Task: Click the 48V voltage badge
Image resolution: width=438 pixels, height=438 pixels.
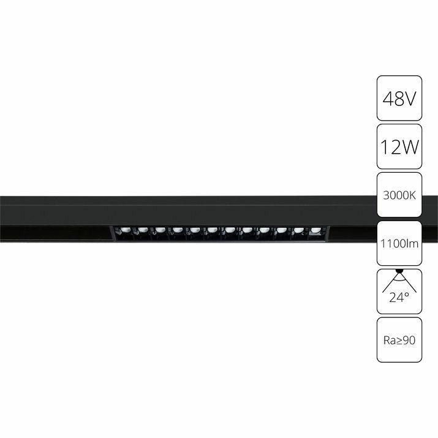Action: tap(399, 98)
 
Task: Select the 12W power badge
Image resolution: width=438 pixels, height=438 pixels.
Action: tap(399, 146)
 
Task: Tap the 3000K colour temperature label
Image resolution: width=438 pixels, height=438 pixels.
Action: tap(399, 195)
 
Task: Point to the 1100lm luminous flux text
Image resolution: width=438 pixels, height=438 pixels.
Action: tap(399, 244)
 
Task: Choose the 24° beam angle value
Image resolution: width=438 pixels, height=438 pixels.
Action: tap(399, 298)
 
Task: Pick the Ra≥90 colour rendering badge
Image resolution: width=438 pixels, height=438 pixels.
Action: tap(399, 340)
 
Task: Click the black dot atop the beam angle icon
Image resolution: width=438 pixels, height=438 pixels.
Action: tap(399, 270)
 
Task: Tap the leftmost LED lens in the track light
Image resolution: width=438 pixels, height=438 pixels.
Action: tap(126, 230)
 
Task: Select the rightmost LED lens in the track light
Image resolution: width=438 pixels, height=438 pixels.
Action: tap(315, 230)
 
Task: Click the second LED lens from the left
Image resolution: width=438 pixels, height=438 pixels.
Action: tap(143, 230)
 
